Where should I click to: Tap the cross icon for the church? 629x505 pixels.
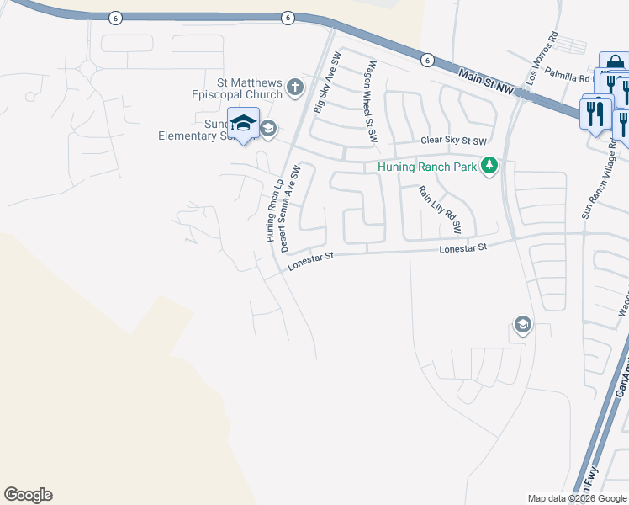point(294,86)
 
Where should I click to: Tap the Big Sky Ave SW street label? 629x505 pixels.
point(327,82)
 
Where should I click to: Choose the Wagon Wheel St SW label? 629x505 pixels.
point(369,93)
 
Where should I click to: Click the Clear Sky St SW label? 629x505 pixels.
point(454,141)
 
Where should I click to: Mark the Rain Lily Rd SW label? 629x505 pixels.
point(440,210)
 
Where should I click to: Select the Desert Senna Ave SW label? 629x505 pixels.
point(290,209)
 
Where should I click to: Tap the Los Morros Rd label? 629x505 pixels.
point(542,58)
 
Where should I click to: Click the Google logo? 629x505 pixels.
point(28,495)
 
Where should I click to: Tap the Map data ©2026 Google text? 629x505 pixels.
point(577,498)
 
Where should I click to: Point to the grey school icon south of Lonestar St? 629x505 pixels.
point(522,324)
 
